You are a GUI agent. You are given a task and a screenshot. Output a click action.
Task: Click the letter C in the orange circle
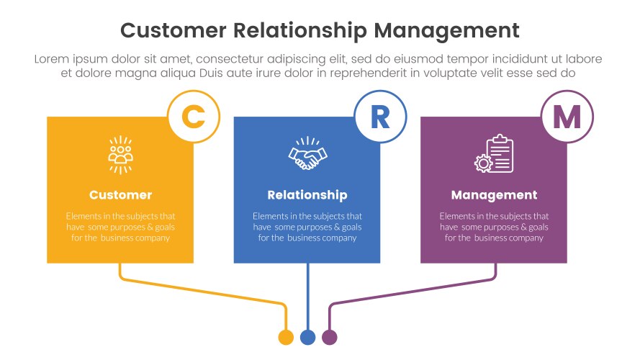[x=193, y=117]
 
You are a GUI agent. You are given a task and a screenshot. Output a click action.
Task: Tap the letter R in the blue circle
[x=380, y=117]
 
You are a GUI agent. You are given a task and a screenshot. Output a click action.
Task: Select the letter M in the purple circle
[x=567, y=117]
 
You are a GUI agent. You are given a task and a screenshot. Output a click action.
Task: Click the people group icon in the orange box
[x=120, y=154]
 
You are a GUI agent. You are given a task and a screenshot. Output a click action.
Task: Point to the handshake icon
[x=307, y=154]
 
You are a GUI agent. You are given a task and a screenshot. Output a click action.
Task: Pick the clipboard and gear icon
[x=495, y=154]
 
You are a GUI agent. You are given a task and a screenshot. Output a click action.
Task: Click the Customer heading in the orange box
[x=120, y=195]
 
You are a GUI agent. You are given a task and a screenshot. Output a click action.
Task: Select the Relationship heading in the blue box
[x=307, y=195]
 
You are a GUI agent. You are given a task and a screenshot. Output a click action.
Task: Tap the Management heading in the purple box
[x=494, y=195]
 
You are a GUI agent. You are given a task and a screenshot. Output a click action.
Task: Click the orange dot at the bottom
[x=286, y=337]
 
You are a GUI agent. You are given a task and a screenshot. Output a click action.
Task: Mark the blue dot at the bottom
[x=307, y=337]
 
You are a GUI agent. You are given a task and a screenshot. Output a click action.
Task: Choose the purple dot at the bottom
[x=330, y=337]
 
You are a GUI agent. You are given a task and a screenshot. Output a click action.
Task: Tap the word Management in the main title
[x=446, y=30]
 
